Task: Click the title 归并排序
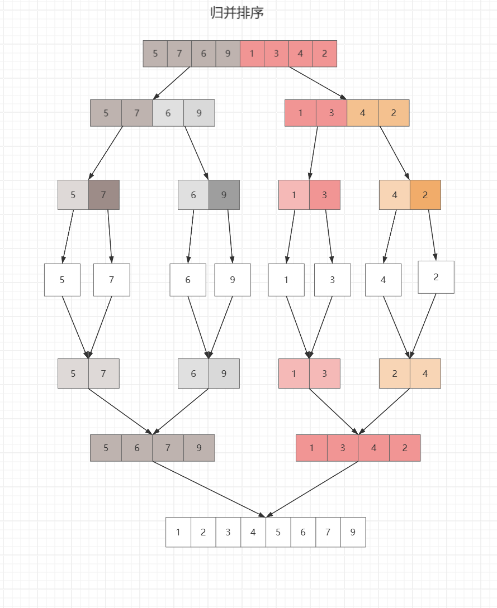[x=237, y=13]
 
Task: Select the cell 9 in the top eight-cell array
[x=228, y=54]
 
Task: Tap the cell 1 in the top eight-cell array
[x=252, y=54]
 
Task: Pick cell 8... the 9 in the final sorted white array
[x=353, y=532]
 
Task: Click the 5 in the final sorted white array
[x=278, y=532]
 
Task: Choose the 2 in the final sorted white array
[x=203, y=532]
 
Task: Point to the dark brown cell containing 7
[x=103, y=195]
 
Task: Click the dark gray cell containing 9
[x=224, y=195]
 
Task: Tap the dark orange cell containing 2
[x=425, y=195]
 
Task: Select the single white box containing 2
[x=436, y=277]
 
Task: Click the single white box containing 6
[x=188, y=280]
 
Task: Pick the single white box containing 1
[x=286, y=280]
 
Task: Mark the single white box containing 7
[x=111, y=280]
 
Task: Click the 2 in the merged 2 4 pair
[x=395, y=374]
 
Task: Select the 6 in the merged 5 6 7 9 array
[x=136, y=448]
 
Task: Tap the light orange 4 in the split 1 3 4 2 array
[x=362, y=113]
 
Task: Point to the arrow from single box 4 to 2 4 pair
[x=397, y=327]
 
